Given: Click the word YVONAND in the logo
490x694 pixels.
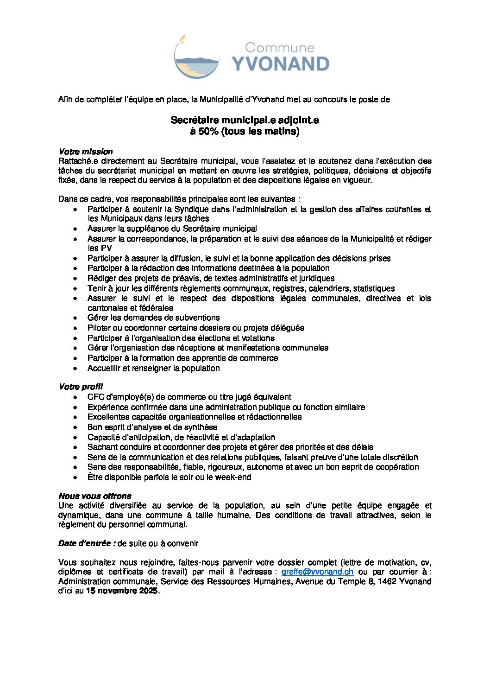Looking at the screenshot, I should tap(280, 64).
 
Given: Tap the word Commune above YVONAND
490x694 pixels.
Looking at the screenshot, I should tap(279, 47).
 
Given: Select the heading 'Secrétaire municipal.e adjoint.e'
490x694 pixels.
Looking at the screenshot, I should tap(245, 120).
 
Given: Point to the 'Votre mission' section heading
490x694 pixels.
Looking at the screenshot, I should tap(86, 152).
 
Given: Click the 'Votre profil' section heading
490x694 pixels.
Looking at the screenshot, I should tap(81, 387).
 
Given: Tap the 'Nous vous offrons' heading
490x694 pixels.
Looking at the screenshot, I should tap(95, 496).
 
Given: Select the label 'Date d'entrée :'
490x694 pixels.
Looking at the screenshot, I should tap(87, 543).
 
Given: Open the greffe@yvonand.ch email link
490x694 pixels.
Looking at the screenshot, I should tap(317, 572).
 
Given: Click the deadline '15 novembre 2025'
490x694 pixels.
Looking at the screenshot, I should tap(122, 591).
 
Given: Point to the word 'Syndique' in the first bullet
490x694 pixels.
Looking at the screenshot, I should tap(189, 209).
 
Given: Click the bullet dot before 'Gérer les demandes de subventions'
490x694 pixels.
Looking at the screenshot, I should tap(75, 318).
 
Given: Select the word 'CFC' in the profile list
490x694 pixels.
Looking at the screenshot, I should tap(96, 397).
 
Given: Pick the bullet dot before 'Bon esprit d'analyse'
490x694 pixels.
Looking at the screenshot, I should tap(75, 427).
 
